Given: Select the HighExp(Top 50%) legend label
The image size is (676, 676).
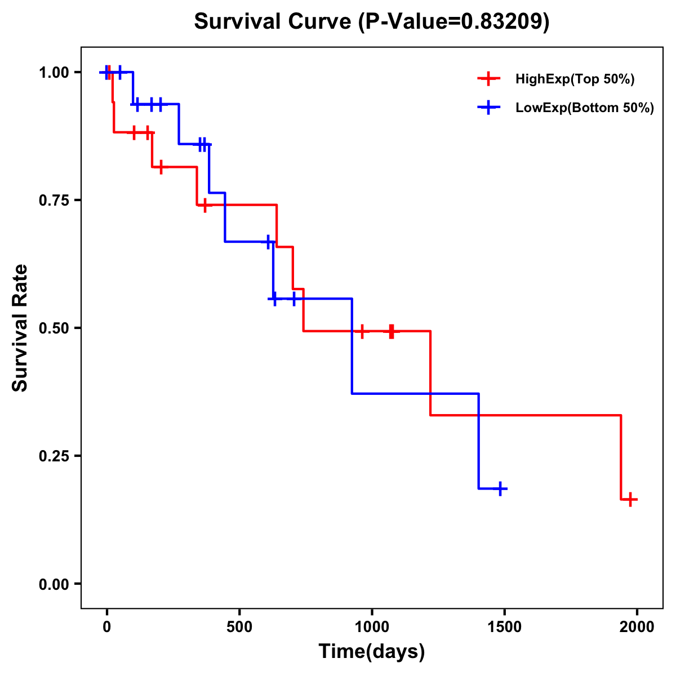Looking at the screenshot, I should [x=575, y=79].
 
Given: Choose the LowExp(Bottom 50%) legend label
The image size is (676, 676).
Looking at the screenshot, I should [x=585, y=108].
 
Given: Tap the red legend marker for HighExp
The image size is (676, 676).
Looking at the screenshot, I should [x=488, y=79].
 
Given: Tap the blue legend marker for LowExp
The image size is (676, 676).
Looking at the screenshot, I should [x=488, y=108].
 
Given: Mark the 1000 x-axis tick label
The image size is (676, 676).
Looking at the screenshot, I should [x=372, y=627].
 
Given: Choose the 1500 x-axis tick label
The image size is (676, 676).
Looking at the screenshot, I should [x=505, y=627].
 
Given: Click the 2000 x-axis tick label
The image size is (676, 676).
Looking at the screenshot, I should [x=637, y=627].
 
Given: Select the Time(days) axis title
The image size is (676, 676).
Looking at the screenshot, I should [x=372, y=652].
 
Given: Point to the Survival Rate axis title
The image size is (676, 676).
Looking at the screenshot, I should [x=20, y=328].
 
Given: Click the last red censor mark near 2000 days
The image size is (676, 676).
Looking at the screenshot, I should [x=630, y=499].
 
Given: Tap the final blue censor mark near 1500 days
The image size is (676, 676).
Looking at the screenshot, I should [x=500, y=488].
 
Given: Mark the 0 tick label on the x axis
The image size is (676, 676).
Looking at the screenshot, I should [x=106, y=627].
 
